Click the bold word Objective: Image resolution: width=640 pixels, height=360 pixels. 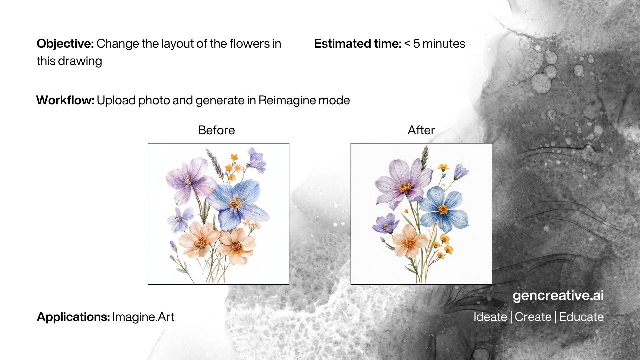(x=65, y=44)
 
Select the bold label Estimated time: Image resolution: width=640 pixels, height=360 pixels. (x=358, y=44)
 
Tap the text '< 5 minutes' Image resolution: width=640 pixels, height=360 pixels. (x=435, y=44)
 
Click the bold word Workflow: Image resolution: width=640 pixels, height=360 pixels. (x=65, y=100)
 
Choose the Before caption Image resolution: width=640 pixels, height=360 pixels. (x=216, y=130)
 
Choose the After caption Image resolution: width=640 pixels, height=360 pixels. (x=421, y=130)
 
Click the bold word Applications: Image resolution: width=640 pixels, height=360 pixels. (x=73, y=317)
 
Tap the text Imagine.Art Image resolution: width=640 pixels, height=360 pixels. (x=143, y=317)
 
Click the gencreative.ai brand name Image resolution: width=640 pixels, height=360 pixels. (x=558, y=296)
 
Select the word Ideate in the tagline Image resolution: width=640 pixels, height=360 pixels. (x=490, y=317)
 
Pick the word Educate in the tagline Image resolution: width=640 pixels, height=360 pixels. (x=581, y=317)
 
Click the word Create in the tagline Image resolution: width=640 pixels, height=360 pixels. (x=533, y=317)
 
